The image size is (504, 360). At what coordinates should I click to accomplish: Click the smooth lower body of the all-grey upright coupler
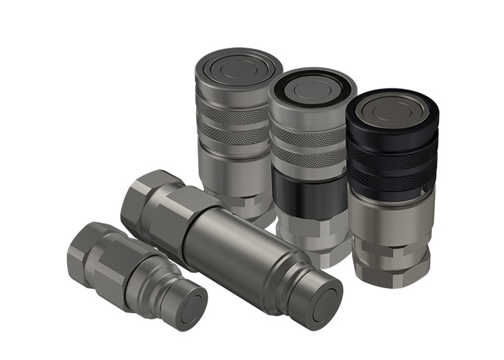(228, 173)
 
